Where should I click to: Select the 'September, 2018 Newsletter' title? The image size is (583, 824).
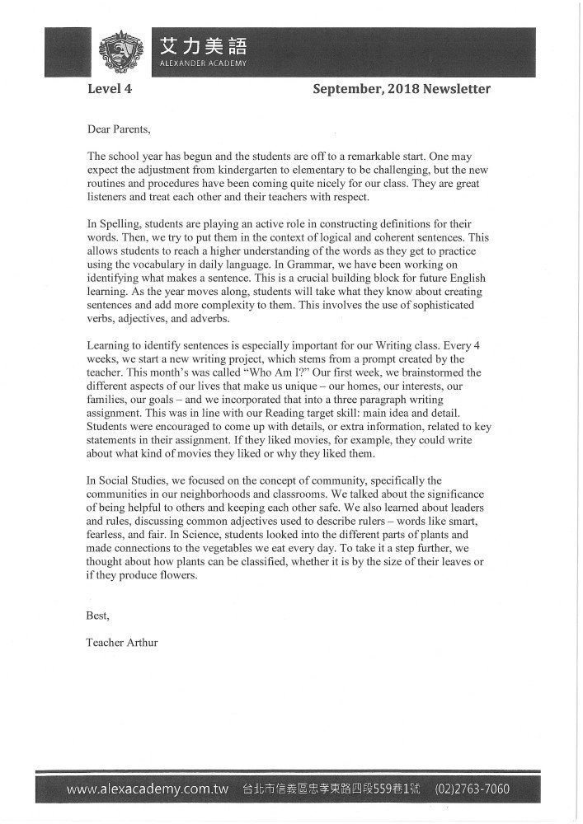[x=402, y=89]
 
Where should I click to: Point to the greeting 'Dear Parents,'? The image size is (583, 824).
[x=119, y=129]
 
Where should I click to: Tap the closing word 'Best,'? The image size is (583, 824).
[x=97, y=614]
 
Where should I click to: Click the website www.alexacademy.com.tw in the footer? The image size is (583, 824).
[x=148, y=789]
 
